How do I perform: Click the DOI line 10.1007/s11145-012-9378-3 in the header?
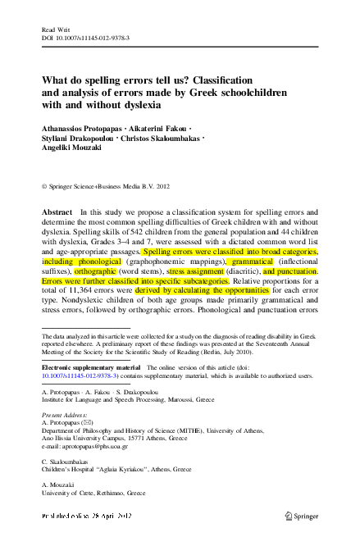tap(86, 37)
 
